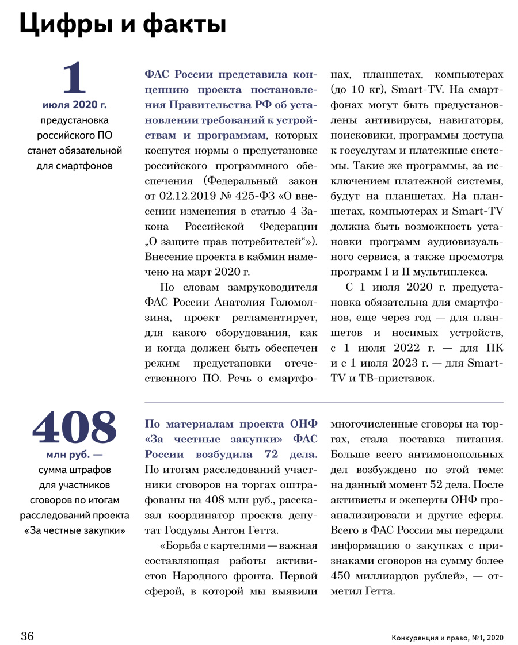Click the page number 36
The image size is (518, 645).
click(x=28, y=636)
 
